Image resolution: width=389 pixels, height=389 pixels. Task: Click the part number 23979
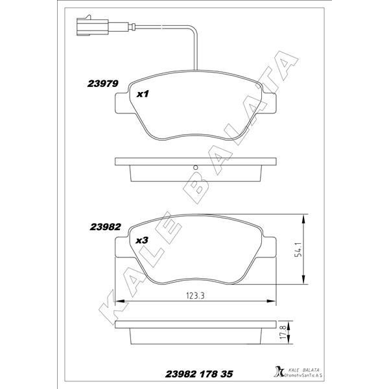(102, 84)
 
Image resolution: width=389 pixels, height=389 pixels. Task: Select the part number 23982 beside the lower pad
(105, 227)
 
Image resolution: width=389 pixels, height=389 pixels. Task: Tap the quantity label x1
(143, 94)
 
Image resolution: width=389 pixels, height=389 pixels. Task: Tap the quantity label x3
(142, 240)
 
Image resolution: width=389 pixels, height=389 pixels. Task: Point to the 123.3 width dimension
(195, 296)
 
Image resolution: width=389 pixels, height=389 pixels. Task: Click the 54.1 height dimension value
(299, 250)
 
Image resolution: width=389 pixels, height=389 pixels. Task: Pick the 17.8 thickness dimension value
(283, 333)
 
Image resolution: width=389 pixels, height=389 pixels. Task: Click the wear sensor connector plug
(92, 25)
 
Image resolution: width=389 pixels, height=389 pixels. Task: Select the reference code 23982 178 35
(199, 374)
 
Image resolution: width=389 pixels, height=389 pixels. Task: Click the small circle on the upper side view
(196, 167)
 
